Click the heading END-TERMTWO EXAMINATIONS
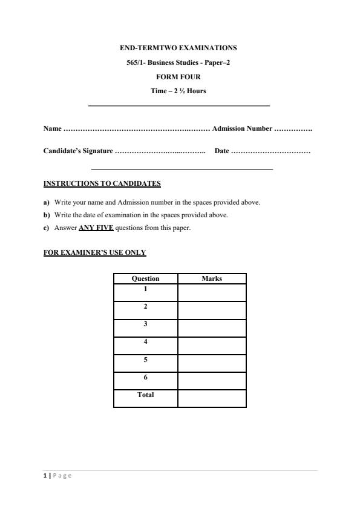(x=178, y=47)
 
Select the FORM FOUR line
(x=178, y=77)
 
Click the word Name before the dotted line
(x=52, y=128)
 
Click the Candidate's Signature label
(x=78, y=151)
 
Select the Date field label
(x=221, y=151)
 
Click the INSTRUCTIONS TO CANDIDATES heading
(x=102, y=183)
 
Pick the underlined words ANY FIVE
(x=96, y=228)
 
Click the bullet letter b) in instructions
(x=47, y=215)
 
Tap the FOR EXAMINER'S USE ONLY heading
(x=94, y=252)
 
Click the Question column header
(x=145, y=278)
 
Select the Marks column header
(x=212, y=278)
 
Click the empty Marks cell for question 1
(x=212, y=292)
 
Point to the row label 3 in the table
(x=145, y=324)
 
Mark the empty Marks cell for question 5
(x=212, y=363)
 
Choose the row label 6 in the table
(x=145, y=377)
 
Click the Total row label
(x=145, y=395)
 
